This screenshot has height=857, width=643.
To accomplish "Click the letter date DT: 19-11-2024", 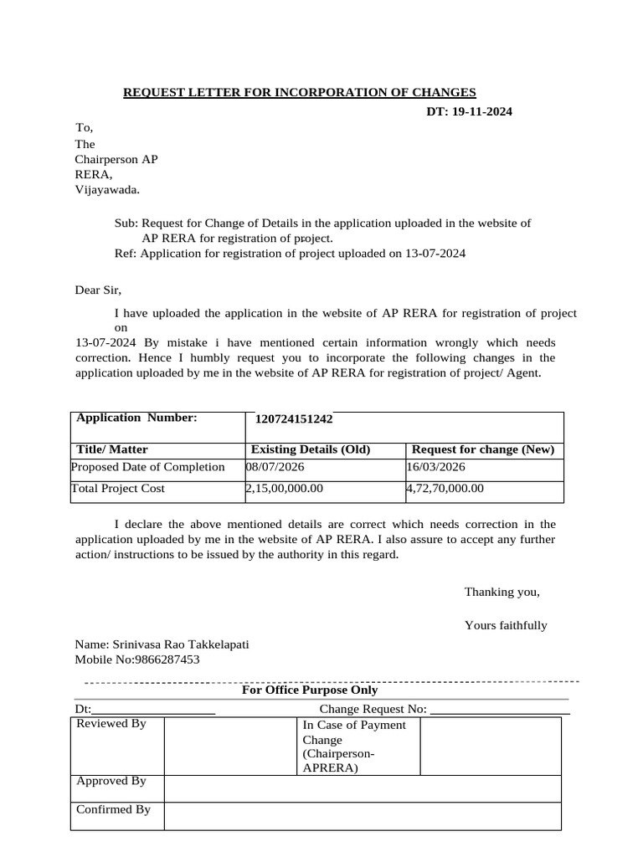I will click(x=465, y=111).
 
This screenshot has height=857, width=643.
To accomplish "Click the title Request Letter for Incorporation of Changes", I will click(x=300, y=92).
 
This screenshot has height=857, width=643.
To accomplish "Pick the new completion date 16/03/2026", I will click(x=435, y=467).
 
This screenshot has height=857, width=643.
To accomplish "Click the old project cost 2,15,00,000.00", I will click(x=284, y=489).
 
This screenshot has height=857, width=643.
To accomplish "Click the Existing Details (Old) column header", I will click(x=311, y=449).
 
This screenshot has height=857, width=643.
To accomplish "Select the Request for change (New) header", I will click(x=483, y=449).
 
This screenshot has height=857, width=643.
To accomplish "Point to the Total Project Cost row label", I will click(x=118, y=489).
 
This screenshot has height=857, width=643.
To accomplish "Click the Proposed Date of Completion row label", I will click(x=148, y=467).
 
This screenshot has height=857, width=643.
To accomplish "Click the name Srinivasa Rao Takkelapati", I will click(x=162, y=644).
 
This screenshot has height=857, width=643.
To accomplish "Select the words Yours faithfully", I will click(x=506, y=625).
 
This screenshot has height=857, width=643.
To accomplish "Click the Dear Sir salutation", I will click(x=98, y=290).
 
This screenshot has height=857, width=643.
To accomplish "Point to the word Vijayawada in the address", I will click(x=108, y=190).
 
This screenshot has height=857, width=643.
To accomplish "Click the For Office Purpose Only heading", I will click(x=310, y=690).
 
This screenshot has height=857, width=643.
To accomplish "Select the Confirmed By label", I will click(x=113, y=809).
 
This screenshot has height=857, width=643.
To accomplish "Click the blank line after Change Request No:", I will click(x=499, y=711).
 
